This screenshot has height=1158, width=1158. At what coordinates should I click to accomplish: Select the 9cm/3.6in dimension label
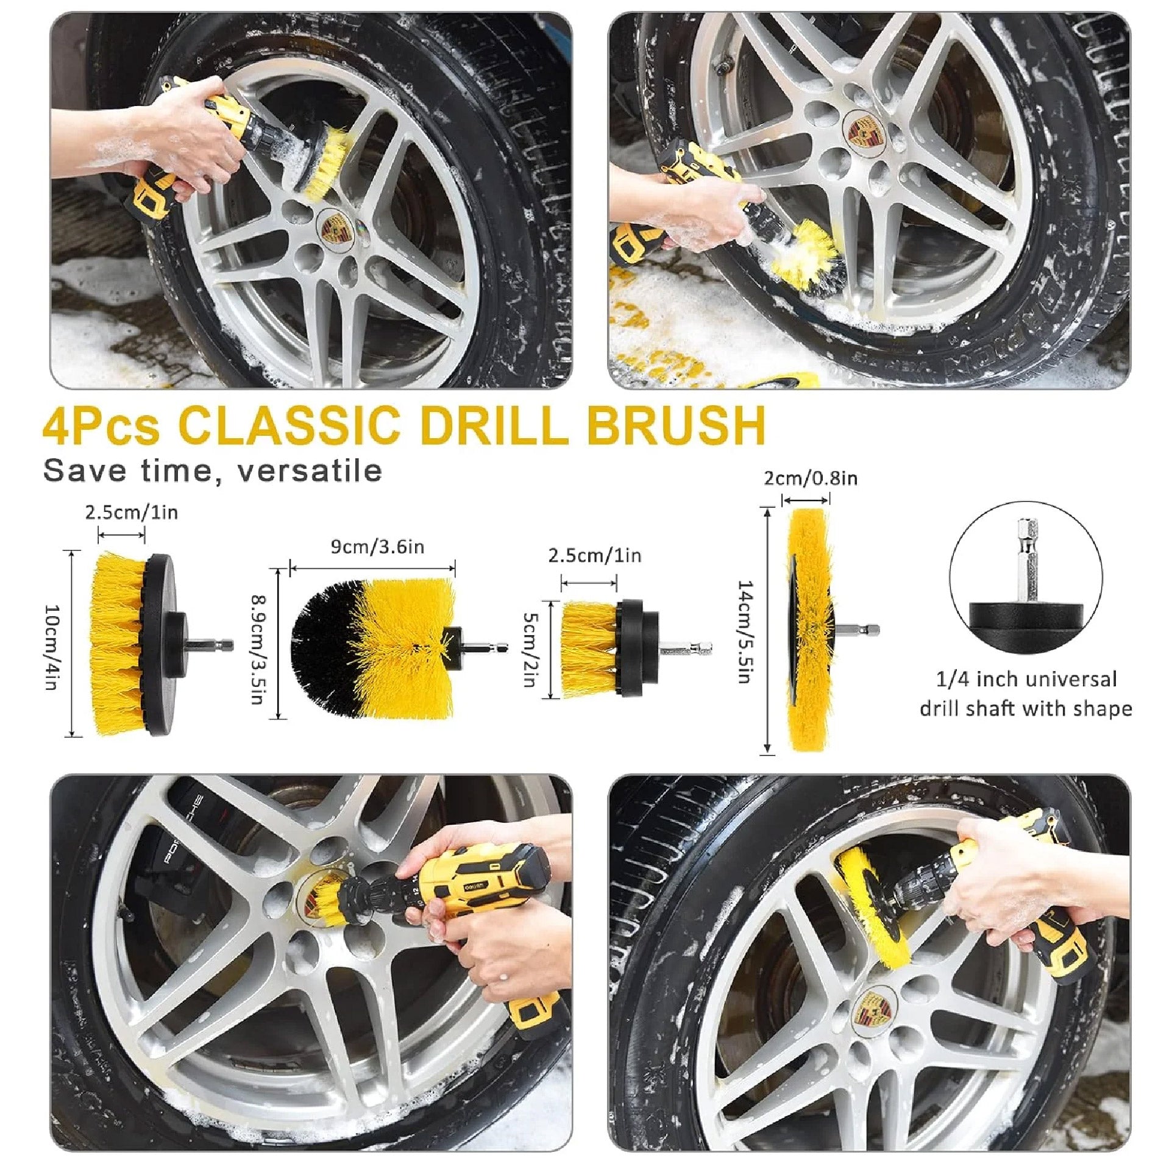click(x=377, y=546)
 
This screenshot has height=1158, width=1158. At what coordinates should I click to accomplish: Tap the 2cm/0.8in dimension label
click(x=811, y=478)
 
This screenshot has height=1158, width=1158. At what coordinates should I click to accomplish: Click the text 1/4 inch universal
click(x=1026, y=680)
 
